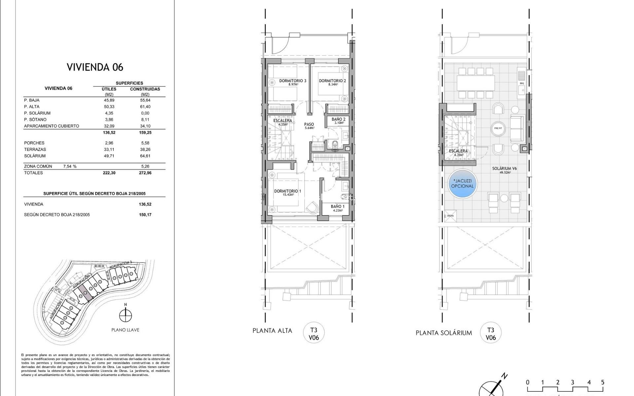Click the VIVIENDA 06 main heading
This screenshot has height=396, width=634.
[x=95, y=67]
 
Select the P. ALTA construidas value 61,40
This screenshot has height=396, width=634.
[x=145, y=107]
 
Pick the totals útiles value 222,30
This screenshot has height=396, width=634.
[x=109, y=173]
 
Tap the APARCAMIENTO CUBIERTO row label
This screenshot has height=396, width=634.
[x=52, y=126]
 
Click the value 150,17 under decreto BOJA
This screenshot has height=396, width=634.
[x=145, y=215]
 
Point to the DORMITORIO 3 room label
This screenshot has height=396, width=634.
[x=293, y=81]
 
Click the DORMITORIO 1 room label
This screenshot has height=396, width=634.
[x=287, y=191]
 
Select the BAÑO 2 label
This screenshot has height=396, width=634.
[x=338, y=119]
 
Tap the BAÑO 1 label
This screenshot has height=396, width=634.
[x=337, y=207]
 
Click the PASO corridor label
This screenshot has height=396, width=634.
[x=309, y=124]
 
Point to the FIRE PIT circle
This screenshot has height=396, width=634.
[x=498, y=129]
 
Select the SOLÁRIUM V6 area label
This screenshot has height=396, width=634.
[x=504, y=169]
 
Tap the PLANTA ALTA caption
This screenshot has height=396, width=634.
[x=272, y=331]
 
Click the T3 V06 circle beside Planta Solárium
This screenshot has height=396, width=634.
[x=490, y=333]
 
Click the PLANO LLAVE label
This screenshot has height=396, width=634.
[x=125, y=330]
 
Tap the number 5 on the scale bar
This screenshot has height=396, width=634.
[x=602, y=382]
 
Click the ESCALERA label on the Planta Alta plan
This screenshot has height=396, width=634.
[x=282, y=120]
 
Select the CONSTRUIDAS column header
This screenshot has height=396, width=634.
[x=145, y=89]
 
